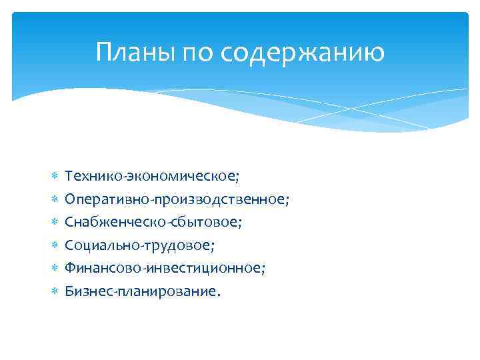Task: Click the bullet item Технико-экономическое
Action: click(x=151, y=175)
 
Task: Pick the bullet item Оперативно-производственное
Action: click(x=176, y=199)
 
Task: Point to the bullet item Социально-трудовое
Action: click(x=138, y=245)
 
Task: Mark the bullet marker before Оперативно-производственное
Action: click(x=55, y=199)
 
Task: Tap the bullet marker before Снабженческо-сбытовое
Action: click(x=55, y=222)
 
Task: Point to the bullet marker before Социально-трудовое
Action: click(x=55, y=245)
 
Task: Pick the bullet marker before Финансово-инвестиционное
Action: click(x=55, y=268)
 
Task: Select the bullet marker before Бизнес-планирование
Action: click(x=55, y=291)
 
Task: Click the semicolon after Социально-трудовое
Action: click(x=213, y=247)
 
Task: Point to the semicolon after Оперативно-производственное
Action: click(x=288, y=201)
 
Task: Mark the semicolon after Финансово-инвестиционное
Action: click(x=264, y=269)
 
